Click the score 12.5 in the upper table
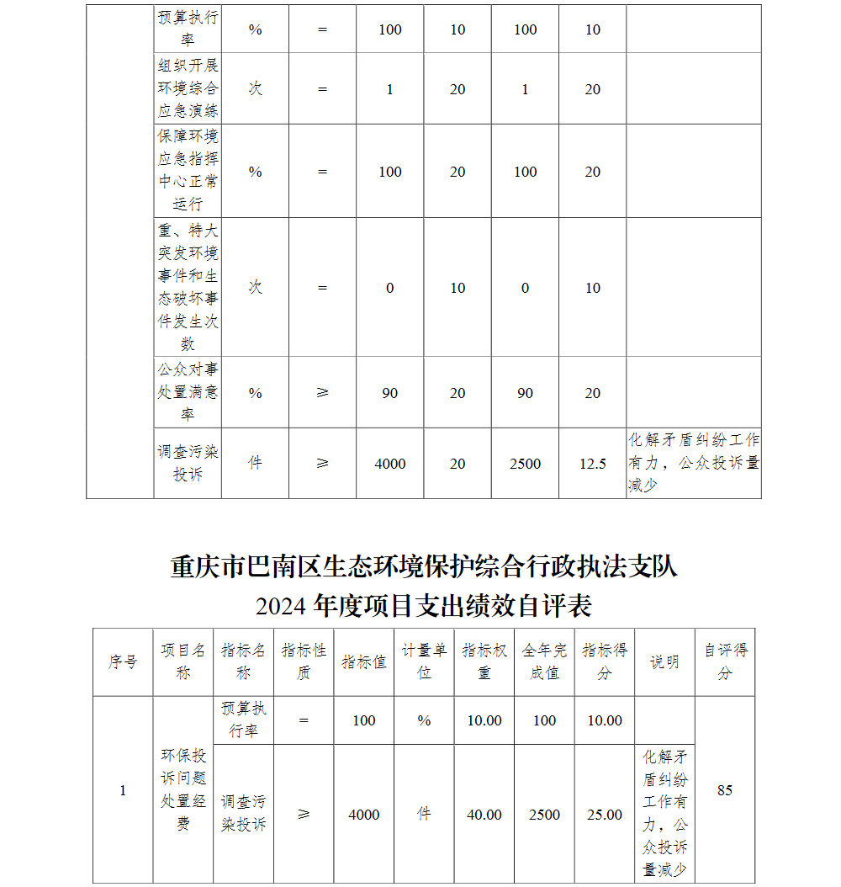(593, 464)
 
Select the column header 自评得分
(725, 661)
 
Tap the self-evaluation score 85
(725, 790)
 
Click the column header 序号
(123, 662)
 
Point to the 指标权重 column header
(484, 661)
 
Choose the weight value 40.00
(484, 815)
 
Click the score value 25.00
(605, 815)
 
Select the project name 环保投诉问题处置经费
(183, 789)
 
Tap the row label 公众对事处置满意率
(188, 392)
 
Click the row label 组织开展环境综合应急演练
(188, 88)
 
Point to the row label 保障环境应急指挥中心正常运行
(188, 171)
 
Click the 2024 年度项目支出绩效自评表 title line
(424, 606)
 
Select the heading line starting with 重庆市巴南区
(424, 567)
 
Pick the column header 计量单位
(424, 661)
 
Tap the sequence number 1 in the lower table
(123, 790)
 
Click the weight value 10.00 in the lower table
(484, 720)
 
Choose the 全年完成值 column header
(544, 661)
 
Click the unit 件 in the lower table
(424, 815)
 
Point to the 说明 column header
(664, 662)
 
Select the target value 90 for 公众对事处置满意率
(389, 393)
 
